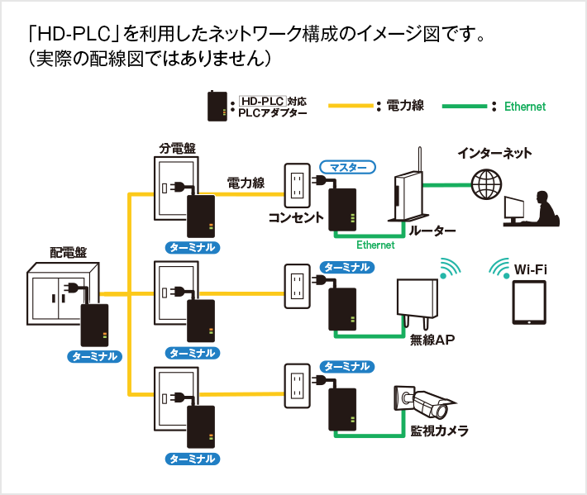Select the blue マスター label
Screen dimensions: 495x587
click(348, 167)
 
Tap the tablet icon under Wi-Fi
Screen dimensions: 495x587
click(529, 303)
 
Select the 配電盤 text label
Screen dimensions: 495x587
click(68, 252)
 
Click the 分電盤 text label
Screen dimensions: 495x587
click(177, 148)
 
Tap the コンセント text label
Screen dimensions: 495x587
click(295, 217)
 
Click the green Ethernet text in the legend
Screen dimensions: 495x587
click(525, 107)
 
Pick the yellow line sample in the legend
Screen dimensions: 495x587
click(351, 106)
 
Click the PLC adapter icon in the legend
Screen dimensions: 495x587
click(217, 106)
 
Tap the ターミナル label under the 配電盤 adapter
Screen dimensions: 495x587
click(94, 357)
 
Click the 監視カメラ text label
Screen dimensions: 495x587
click(439, 431)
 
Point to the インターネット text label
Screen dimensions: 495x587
click(494, 153)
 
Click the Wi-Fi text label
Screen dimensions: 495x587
click(530, 269)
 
